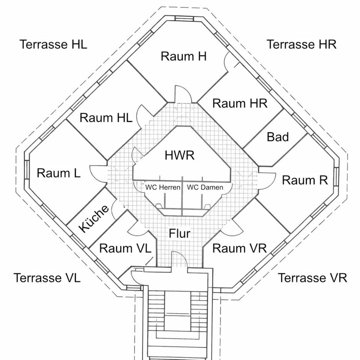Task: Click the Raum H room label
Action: click(x=183, y=57)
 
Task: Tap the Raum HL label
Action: click(x=106, y=118)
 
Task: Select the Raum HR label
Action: click(x=240, y=103)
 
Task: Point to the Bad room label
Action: click(x=277, y=137)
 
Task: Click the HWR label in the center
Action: click(x=180, y=155)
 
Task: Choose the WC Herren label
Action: click(x=162, y=187)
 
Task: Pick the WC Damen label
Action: click(x=205, y=187)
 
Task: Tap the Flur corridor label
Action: click(x=180, y=234)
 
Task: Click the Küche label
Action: click(x=93, y=218)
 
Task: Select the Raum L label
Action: click(x=58, y=173)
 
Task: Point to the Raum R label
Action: click(x=304, y=180)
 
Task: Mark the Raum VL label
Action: click(x=125, y=248)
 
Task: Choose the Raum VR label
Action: click(x=240, y=248)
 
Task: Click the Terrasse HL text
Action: click(x=53, y=44)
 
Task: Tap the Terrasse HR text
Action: click(x=301, y=44)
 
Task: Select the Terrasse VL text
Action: click(x=47, y=278)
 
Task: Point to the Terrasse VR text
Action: click(x=312, y=278)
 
